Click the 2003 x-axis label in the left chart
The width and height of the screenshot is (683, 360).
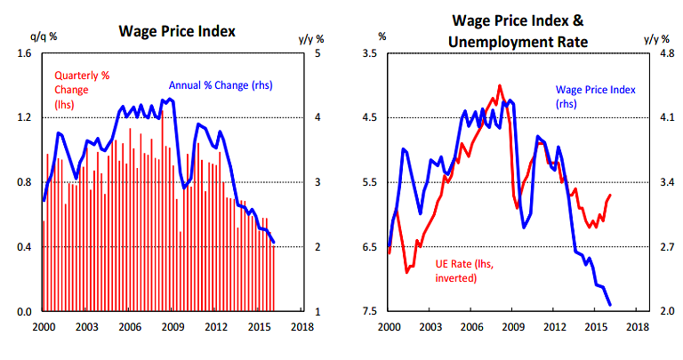click(85, 327)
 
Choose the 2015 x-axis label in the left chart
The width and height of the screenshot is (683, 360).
click(260, 327)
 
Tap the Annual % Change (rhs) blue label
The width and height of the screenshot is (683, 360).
click(220, 86)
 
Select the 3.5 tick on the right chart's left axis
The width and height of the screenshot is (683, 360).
click(371, 53)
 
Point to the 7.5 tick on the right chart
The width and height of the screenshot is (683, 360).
click(371, 311)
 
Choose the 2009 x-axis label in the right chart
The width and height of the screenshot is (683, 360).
click(513, 327)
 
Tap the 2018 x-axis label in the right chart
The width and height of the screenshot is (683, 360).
click(638, 327)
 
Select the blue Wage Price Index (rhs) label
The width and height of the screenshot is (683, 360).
click(589, 96)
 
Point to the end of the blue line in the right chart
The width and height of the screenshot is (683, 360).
click(610, 305)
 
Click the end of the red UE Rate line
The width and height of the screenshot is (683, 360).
click(610, 196)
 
